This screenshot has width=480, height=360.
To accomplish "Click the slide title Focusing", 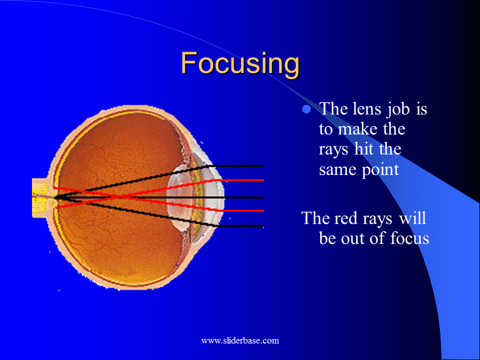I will pos(240,63).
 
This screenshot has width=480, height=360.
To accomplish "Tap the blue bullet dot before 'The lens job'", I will pos(307,109).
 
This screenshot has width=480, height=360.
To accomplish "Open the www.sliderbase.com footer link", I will pos(240,340).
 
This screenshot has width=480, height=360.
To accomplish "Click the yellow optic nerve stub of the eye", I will pos(40,197).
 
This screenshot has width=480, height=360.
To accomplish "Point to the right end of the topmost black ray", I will pos(262,165).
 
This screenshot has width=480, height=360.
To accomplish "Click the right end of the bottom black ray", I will pos(262,226).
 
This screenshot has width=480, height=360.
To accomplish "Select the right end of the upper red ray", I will pos(262,179).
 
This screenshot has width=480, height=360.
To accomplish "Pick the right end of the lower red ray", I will pos(262,210).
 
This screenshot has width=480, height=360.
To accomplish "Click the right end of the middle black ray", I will pos(262,197).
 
